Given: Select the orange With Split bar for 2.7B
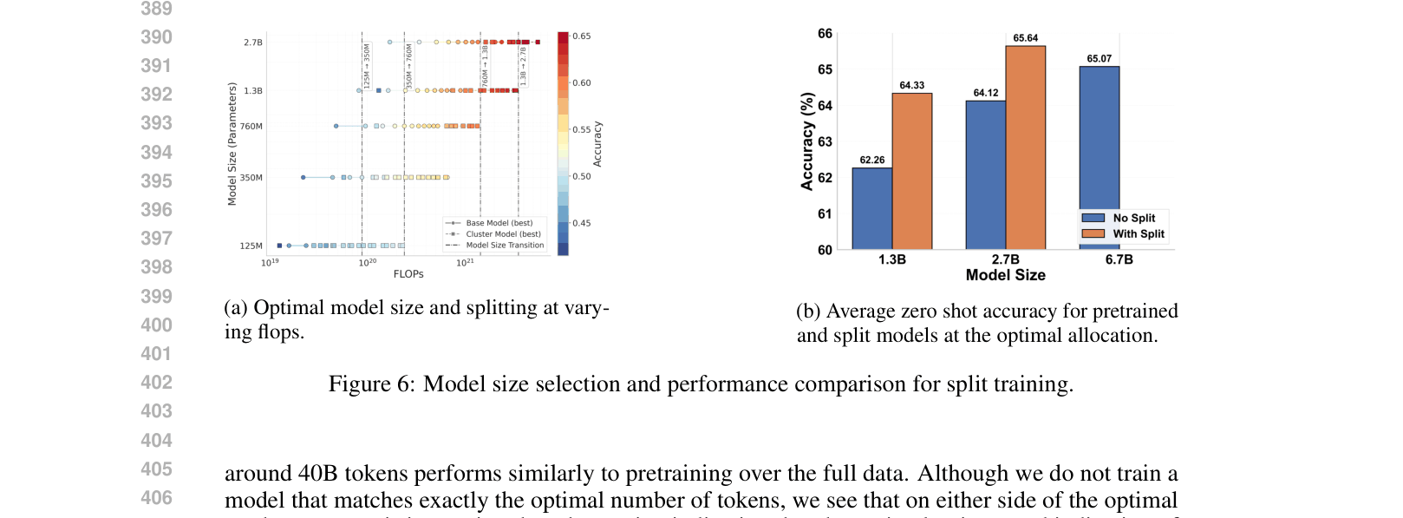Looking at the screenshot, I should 1025,148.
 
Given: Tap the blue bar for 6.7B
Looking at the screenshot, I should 1099,139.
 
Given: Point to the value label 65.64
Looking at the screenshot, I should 1025,38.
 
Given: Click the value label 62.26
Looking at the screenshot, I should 871,160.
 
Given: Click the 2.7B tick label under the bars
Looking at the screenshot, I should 1005,259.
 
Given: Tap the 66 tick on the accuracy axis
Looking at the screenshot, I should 825,34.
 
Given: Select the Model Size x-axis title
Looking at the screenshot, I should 1005,275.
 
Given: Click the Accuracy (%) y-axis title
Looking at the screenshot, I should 807,141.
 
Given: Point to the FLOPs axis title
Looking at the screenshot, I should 408,274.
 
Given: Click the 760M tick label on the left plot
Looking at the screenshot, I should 251,127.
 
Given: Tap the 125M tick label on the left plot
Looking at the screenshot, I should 251,246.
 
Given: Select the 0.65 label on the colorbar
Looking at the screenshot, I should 581,36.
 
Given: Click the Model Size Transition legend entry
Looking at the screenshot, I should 504,245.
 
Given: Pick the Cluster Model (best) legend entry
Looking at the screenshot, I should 503,234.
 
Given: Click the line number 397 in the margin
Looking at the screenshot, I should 156,238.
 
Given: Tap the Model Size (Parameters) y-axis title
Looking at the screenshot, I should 232,144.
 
